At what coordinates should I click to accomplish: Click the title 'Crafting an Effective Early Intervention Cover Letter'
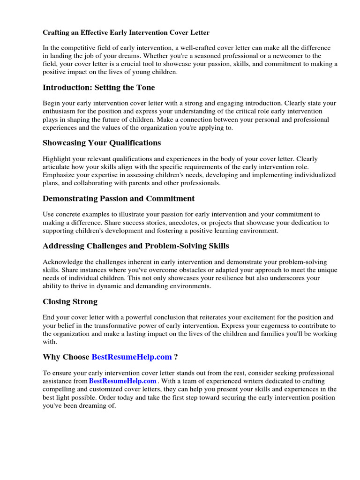(x=126, y=33)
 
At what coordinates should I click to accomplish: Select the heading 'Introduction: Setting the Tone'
(x=98, y=88)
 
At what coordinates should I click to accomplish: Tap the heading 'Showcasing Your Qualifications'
(x=102, y=142)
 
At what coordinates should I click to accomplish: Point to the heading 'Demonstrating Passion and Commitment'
(x=119, y=198)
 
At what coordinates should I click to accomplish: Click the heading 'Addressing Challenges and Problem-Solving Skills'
(x=136, y=246)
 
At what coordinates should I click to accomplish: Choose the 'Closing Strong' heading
(x=70, y=302)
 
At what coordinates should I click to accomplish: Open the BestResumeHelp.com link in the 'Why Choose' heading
(x=132, y=357)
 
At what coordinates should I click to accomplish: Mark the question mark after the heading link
(x=176, y=357)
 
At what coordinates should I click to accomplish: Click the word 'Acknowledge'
(x=63, y=262)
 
